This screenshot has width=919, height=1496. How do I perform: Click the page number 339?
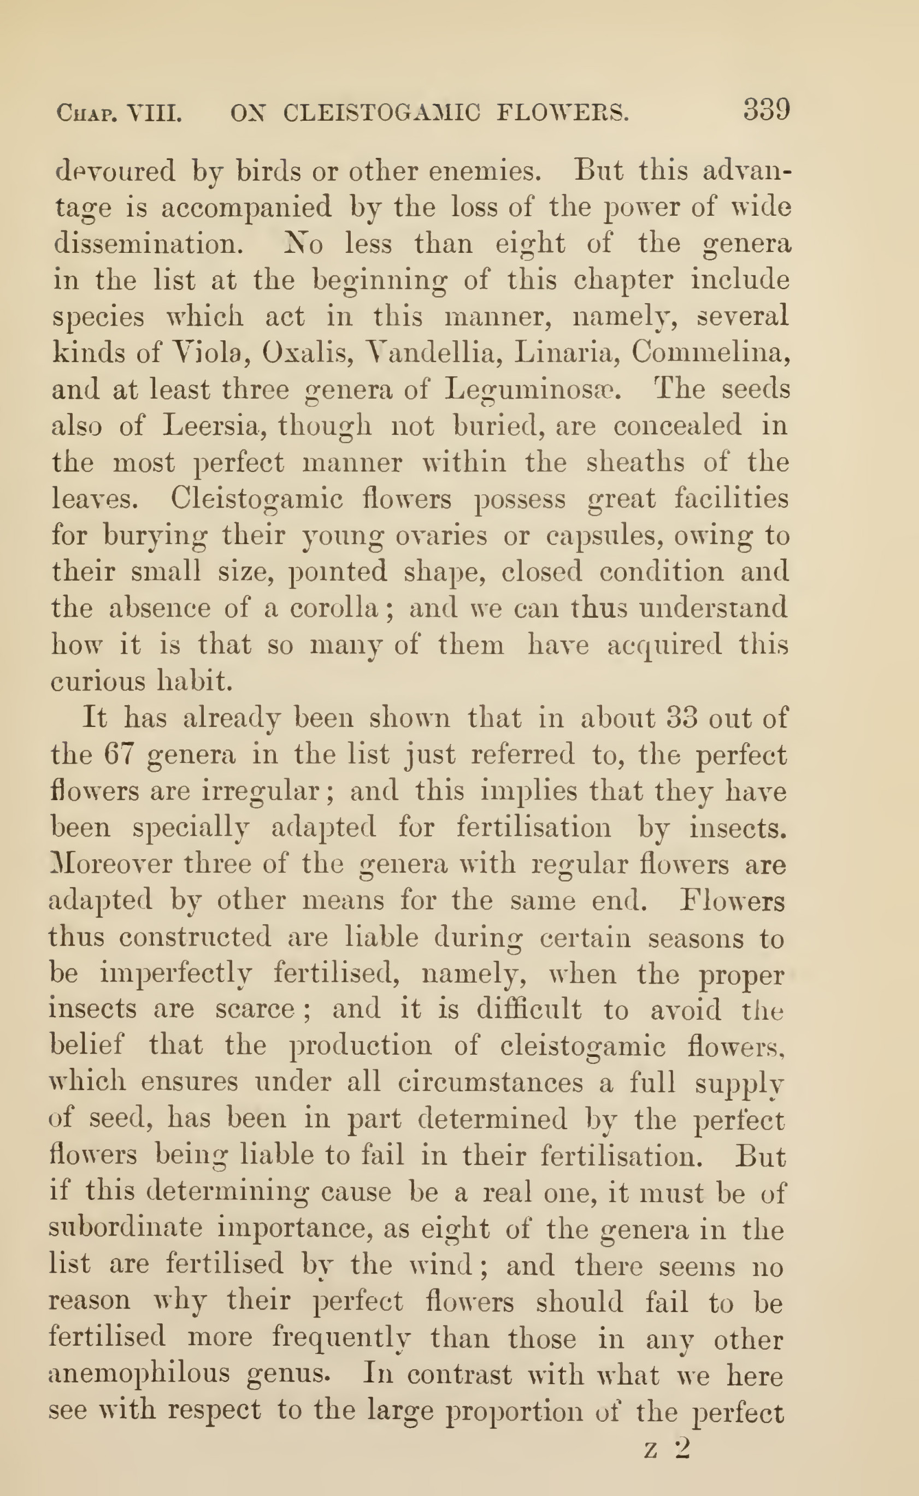766,110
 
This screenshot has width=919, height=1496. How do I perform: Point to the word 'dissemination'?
148,244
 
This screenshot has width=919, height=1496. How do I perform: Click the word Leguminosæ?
533,390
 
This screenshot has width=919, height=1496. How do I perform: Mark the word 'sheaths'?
635,463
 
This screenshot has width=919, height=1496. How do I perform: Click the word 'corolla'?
334,608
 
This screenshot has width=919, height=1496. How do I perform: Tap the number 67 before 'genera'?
119,755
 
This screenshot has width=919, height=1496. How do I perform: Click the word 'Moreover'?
112,864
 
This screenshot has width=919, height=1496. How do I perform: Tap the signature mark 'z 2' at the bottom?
667,1449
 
